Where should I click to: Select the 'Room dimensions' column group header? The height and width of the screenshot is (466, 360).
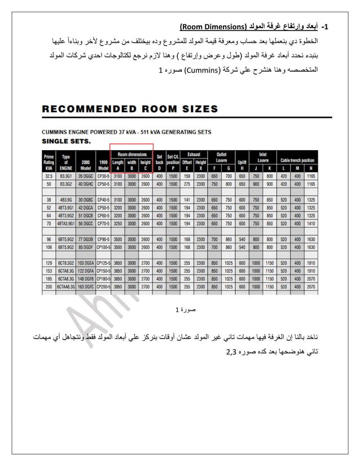pos(131,153)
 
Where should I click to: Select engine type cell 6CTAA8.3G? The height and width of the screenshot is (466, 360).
pos(66,287)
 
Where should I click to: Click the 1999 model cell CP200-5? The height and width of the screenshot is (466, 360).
pos(103,287)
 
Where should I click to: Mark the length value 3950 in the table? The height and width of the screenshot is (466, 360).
pos(118,287)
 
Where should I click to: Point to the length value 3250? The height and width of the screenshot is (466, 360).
pos(118,223)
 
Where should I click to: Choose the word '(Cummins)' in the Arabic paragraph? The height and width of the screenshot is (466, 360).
pos(201,72)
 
